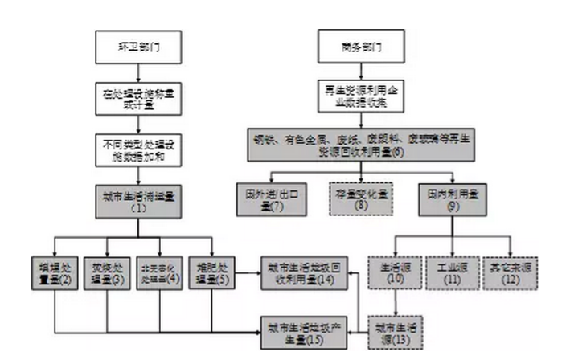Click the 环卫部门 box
(x=138, y=46)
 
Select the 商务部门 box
(x=355, y=46)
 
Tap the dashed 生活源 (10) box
(x=394, y=272)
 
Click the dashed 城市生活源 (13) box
(x=394, y=329)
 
